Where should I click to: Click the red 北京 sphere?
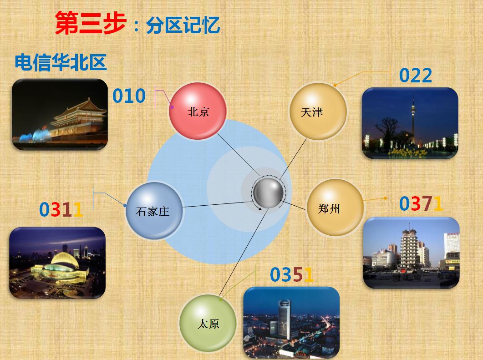tap(198, 111)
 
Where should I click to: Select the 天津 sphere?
tap(318, 111)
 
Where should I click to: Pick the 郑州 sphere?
tap(335, 207)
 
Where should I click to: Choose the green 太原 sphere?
tap(208, 323)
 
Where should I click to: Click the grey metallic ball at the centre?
tap(268, 193)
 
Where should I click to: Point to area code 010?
tap(129, 96)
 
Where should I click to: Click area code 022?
tap(416, 76)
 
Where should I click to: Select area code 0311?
tap(61, 209)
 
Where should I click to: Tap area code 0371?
tap(421, 203)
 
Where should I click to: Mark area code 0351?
tap(292, 275)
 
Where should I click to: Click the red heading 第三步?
tap(91, 23)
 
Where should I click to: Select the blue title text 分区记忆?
tap(183, 25)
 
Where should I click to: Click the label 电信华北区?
tap(61, 62)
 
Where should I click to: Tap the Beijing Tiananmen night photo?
tap(60, 114)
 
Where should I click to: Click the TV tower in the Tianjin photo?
tap(413, 120)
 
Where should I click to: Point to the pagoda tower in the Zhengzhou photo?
tap(409, 248)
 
